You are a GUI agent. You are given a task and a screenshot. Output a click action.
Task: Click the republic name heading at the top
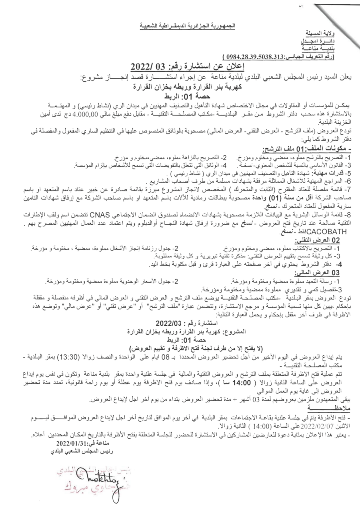(x=180, y=24)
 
